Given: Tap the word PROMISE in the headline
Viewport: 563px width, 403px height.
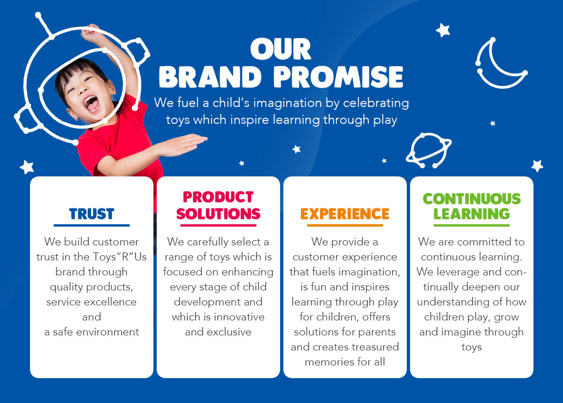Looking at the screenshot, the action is point(338,77).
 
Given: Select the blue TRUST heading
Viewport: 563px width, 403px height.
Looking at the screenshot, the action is point(91,214).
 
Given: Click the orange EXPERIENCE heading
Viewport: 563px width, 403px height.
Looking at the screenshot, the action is point(345,214).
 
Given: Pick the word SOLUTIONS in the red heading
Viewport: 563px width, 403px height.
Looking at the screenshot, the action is point(218,214).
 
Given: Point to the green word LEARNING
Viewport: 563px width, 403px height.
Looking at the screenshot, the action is point(472,214).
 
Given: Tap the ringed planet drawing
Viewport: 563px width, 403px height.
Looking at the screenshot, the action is point(428,150).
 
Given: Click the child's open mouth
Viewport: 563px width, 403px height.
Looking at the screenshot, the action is point(91,104).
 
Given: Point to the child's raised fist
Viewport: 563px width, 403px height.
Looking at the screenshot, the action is point(90,32).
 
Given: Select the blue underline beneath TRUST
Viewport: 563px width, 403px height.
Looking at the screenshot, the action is point(91,226).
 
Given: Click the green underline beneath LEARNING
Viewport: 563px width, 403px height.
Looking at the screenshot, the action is point(472,226).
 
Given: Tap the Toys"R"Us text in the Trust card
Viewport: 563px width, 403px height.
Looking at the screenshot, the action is point(120,257).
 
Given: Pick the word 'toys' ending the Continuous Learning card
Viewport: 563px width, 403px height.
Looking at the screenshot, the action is point(472,348).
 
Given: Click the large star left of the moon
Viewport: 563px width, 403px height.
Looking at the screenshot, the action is point(443,30).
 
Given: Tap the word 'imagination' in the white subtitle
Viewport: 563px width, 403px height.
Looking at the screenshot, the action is point(288,103).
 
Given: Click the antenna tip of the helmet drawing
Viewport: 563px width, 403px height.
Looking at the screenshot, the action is point(38,15).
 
